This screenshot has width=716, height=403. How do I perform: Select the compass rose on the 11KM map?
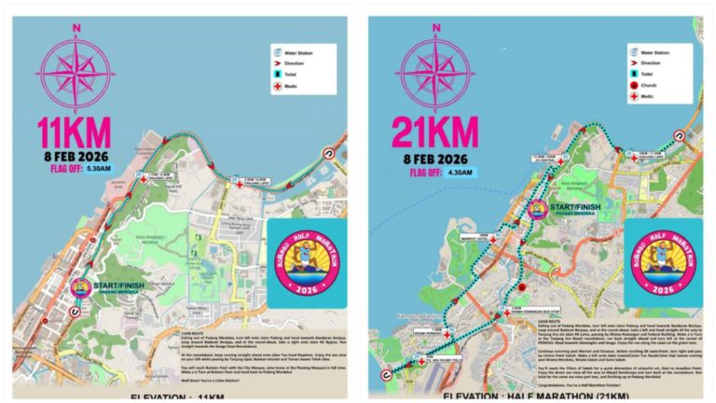tap(75, 66)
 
